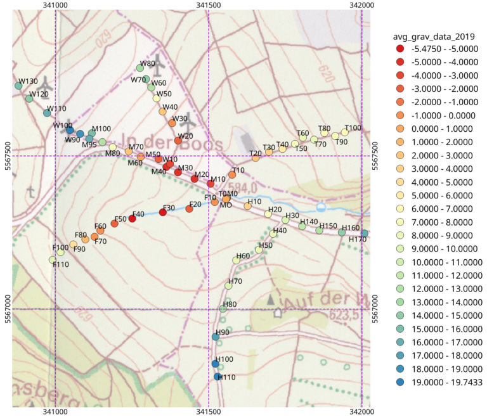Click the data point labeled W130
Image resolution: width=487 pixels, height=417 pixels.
tap(18, 86)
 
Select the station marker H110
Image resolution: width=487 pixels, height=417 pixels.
tap(218, 376)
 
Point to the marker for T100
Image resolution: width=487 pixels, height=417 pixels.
tap(345, 132)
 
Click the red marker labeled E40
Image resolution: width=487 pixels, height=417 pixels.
tap(132, 219)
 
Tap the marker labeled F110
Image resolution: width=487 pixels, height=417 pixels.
tap(53, 260)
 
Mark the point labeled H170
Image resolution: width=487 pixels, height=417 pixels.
tap(364, 233)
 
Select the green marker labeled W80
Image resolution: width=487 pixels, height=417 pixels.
tap(140, 68)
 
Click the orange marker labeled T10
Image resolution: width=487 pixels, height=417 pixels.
tap(233, 174)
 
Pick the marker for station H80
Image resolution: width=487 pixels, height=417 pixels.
tap(223, 309)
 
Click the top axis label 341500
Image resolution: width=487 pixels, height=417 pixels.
tap(209, 5)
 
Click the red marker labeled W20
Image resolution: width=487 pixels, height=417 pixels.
tap(178, 141)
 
